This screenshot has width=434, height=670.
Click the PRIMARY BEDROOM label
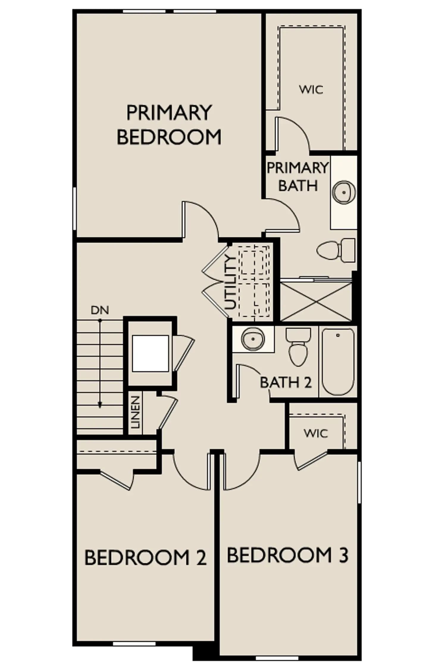[169, 124]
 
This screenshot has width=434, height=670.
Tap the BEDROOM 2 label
[145, 558]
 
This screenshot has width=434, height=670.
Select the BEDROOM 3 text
[287, 556]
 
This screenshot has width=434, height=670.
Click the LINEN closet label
[135, 412]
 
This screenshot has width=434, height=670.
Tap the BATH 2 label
[286, 382]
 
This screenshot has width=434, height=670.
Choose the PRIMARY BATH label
[298, 177]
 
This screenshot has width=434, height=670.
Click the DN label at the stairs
[100, 310]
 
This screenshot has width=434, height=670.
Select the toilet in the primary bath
[336, 250]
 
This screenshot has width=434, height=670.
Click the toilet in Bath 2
[298, 347]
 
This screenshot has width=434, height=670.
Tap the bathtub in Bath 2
[338, 362]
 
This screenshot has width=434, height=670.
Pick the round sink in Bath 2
[253, 339]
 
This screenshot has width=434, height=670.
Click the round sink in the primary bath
[344, 192]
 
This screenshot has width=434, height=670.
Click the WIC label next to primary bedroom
[311, 89]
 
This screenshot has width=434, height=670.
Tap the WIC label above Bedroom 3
[316, 433]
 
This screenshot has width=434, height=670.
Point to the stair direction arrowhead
[100, 405]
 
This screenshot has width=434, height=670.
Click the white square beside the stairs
[150, 353]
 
